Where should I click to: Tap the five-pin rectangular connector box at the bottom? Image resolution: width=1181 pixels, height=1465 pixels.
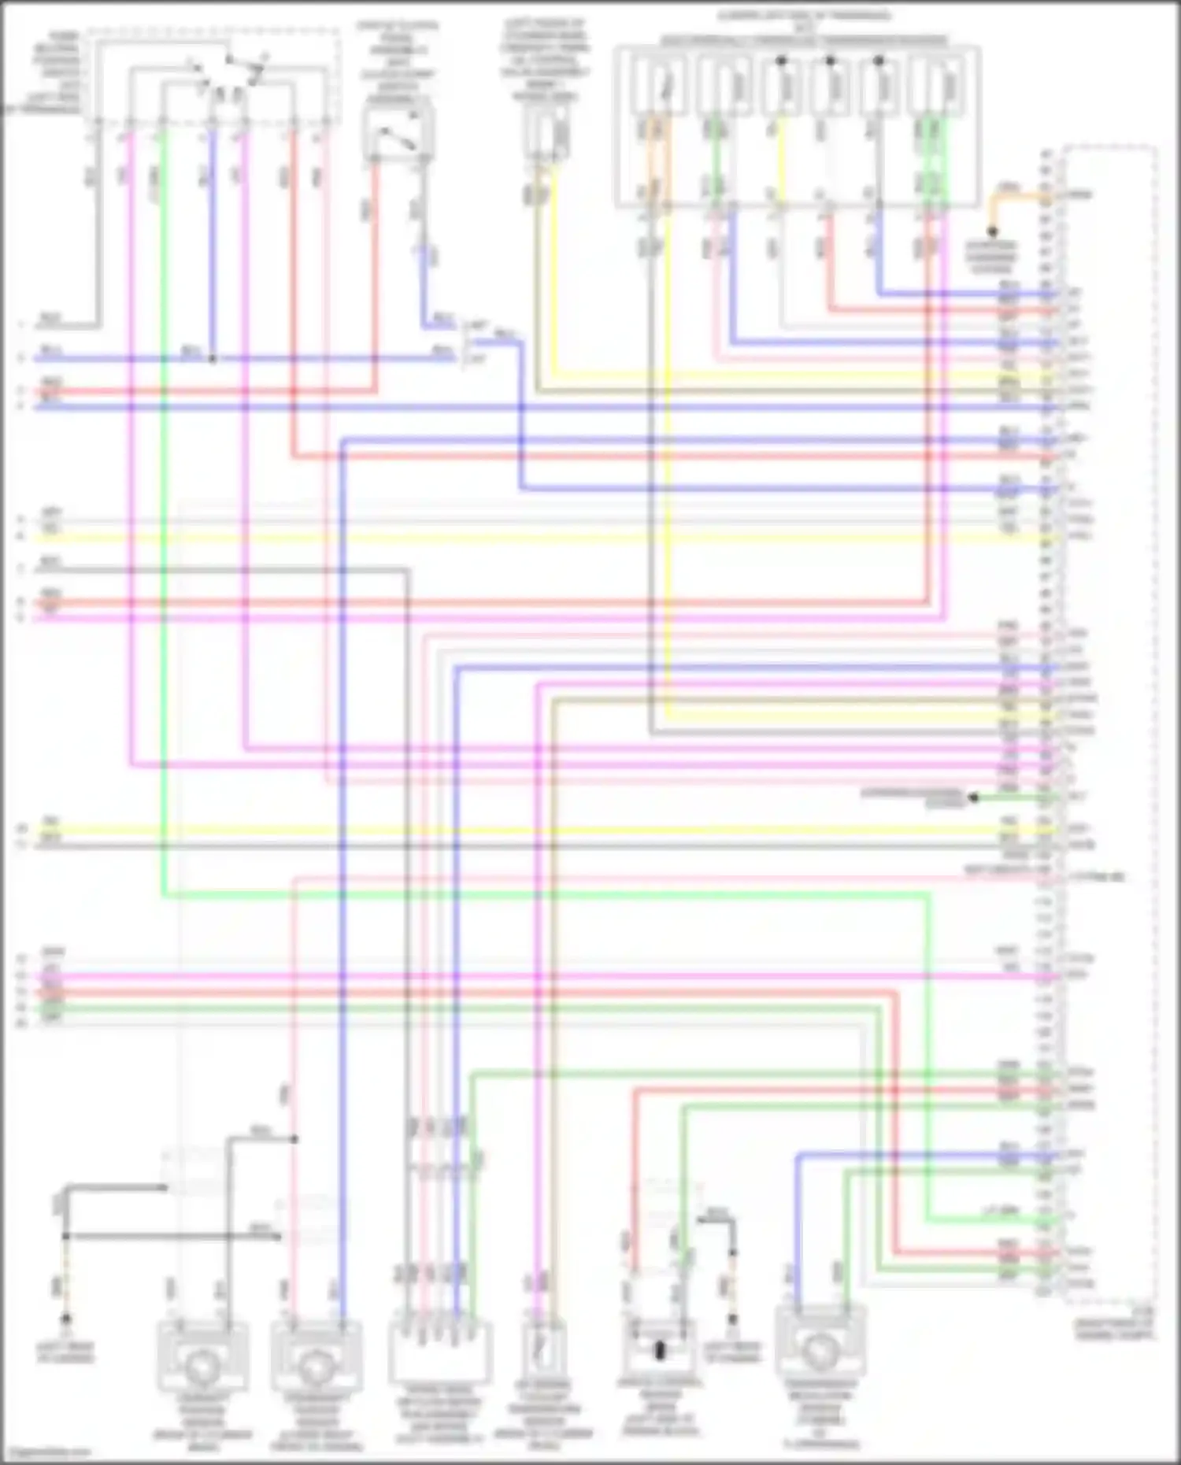[440, 1353]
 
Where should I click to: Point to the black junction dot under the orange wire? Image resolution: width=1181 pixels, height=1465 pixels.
[992, 232]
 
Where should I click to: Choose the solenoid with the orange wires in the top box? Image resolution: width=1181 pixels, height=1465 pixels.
[657, 87]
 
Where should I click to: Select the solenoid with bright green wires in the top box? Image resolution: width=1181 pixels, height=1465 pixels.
[935, 87]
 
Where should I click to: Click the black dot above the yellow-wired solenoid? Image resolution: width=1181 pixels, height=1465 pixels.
[781, 61]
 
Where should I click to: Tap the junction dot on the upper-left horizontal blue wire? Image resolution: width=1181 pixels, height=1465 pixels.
[213, 359]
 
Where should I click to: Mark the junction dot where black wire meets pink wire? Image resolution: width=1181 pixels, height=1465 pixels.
[295, 1139]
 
